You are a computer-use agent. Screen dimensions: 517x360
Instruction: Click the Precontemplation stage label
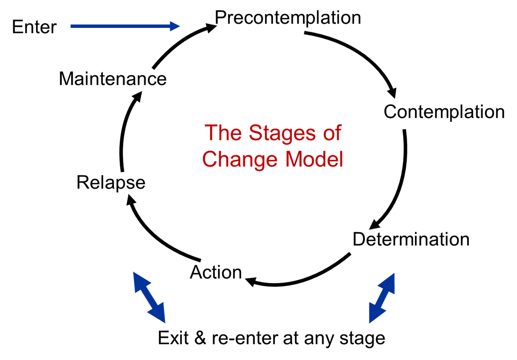click(288, 18)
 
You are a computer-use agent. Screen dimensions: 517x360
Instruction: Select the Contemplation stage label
click(444, 113)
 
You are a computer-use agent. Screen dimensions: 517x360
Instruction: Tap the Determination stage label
click(411, 239)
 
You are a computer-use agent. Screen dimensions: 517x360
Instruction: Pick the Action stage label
click(216, 272)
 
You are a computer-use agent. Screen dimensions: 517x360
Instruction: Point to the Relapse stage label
click(111, 183)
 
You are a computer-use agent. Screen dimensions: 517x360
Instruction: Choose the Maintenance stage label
click(112, 79)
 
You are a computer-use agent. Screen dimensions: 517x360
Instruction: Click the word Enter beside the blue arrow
click(34, 27)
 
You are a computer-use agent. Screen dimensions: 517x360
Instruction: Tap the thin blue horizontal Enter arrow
click(125, 26)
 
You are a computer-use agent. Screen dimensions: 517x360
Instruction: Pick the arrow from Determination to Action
click(300, 279)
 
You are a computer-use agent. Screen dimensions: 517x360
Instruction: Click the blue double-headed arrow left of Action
click(149, 297)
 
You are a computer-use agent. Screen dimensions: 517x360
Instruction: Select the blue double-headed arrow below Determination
click(382, 298)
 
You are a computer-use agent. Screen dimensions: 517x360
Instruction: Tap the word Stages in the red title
click(282, 133)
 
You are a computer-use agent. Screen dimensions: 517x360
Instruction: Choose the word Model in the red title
click(314, 159)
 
